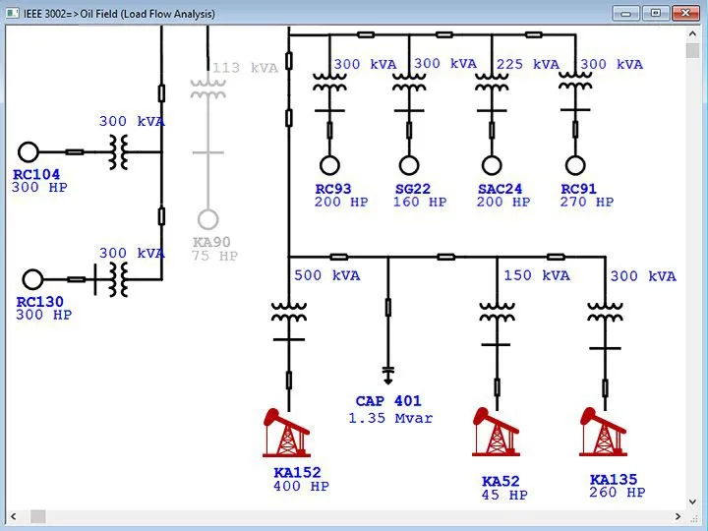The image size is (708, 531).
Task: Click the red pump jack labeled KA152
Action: point(288,433)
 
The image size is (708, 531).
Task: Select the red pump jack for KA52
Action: point(495,433)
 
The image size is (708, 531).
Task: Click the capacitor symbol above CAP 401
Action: point(387,374)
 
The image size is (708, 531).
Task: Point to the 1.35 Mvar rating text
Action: point(389,418)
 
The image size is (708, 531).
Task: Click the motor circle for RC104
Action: point(29,151)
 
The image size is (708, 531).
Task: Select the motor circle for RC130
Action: point(33,279)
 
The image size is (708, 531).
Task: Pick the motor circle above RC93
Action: point(327,165)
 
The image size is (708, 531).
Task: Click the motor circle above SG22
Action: point(409,165)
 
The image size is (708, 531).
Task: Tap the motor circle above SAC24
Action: point(492,165)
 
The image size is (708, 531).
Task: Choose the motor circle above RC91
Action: point(574,165)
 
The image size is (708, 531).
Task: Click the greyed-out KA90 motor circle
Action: point(207,219)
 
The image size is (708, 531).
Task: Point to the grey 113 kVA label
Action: point(246,68)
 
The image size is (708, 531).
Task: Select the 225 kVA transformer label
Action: point(528,64)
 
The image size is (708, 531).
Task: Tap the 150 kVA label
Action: point(537,275)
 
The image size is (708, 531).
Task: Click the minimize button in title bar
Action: point(626,14)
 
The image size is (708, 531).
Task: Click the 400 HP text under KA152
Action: point(301,486)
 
